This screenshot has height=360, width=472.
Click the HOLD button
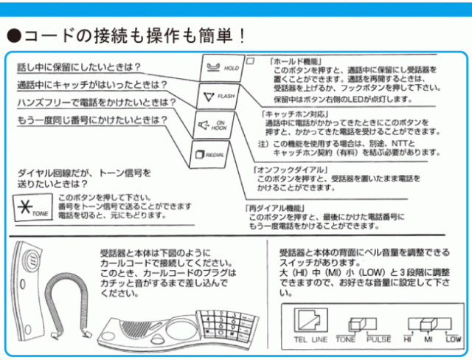(x=222, y=67)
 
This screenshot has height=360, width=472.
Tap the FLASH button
(x=218, y=97)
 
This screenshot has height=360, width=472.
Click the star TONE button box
(x=33, y=207)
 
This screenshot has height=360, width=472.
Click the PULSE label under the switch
(x=379, y=340)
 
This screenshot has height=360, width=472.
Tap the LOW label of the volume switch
(x=453, y=340)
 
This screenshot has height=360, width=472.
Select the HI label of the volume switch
(x=408, y=340)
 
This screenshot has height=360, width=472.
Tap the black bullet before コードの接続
(x=13, y=35)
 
